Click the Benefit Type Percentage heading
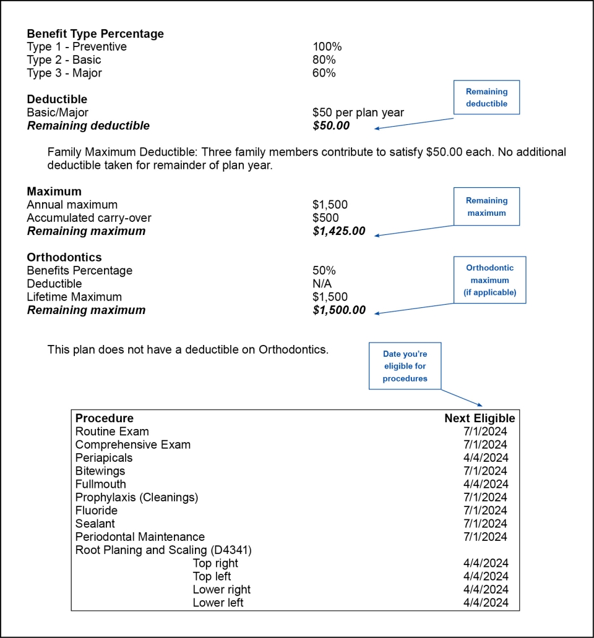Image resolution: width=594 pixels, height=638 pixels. click(95, 34)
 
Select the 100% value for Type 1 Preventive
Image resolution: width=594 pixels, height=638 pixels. click(327, 47)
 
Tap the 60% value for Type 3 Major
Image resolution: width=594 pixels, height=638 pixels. click(324, 73)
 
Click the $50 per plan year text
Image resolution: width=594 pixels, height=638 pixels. click(358, 113)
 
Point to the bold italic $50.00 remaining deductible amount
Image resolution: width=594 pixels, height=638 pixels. click(331, 125)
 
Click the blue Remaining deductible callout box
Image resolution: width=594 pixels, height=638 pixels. click(486, 98)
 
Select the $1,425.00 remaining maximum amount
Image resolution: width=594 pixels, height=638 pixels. click(339, 231)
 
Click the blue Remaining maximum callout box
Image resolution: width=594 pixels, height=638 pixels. click(486, 206)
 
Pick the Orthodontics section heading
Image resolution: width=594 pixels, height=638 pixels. click(64, 257)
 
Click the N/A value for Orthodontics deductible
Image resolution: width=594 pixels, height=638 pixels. click(322, 284)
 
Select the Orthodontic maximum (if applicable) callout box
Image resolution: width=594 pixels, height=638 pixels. click(489, 280)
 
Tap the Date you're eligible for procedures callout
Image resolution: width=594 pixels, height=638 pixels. click(405, 366)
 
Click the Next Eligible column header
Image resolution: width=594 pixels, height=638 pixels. click(480, 419)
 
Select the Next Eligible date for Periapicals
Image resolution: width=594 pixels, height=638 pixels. click(486, 458)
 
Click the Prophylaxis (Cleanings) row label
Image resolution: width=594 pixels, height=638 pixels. click(137, 497)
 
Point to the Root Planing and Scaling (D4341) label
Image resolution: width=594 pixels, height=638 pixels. click(163, 550)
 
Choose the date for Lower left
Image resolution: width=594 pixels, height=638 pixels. click(486, 603)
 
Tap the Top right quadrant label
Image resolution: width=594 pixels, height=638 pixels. click(215, 563)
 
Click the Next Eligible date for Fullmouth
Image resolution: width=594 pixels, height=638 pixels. click(486, 484)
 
